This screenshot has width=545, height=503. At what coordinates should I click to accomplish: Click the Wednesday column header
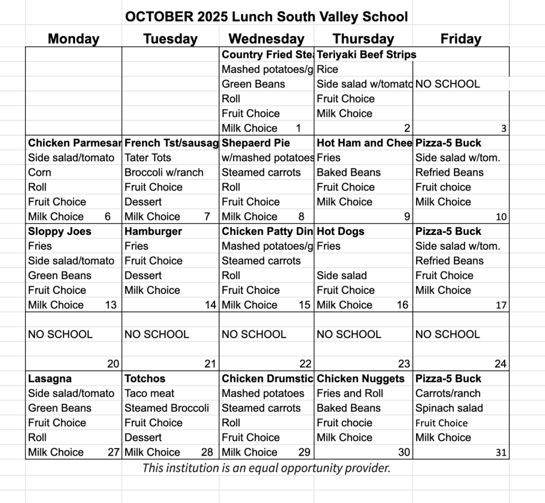tap(266, 39)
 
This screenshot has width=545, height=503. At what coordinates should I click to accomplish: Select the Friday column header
tap(460, 39)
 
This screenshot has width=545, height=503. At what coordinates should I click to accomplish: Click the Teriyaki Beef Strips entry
tap(366, 55)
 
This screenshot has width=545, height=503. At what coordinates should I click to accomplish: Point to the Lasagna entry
tap(50, 379)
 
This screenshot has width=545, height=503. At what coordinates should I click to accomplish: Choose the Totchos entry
tap(145, 379)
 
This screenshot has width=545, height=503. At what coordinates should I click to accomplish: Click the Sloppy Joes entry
tap(60, 232)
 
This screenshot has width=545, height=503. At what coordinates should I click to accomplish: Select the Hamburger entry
tap(153, 232)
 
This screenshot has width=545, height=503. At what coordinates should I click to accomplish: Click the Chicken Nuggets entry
tap(360, 379)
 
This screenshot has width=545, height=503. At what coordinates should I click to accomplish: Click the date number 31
tap(500, 453)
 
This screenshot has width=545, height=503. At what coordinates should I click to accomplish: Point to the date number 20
tap(113, 364)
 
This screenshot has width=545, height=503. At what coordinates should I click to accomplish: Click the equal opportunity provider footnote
tap(266, 468)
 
